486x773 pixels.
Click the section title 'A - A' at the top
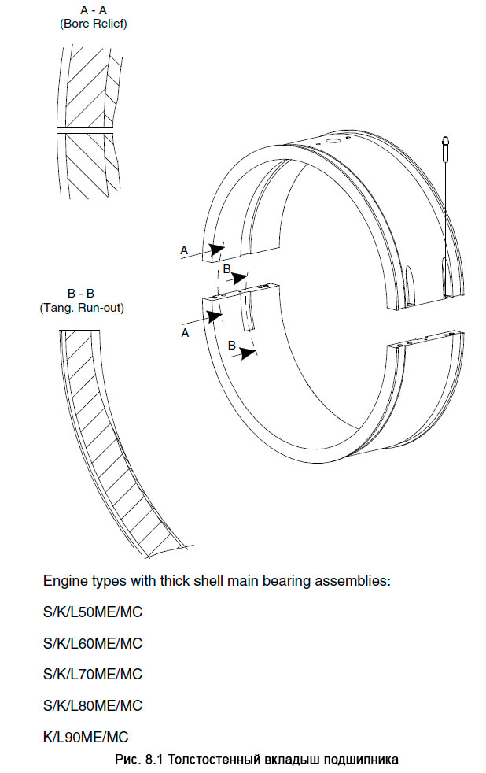click(x=93, y=10)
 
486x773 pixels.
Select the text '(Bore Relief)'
click(x=93, y=24)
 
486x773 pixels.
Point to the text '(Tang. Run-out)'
click(x=81, y=307)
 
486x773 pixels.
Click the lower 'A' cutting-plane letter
click(x=185, y=333)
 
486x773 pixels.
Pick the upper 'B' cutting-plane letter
click(x=226, y=270)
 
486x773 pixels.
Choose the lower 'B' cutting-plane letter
click(x=231, y=345)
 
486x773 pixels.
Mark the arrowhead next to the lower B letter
click(x=249, y=353)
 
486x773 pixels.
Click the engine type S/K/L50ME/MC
click(x=93, y=612)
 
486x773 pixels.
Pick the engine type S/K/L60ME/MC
click(x=93, y=643)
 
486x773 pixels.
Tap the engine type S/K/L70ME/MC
click(x=93, y=674)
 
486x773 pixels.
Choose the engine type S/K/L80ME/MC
click(x=93, y=705)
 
